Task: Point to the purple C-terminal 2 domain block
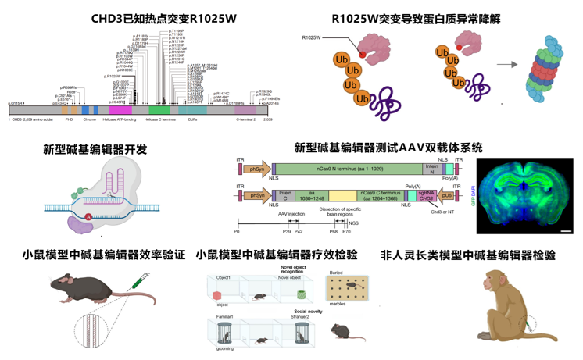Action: coord(245,111)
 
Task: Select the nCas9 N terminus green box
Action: coord(349,169)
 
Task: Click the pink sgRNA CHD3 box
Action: coord(427,195)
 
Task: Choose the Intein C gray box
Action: coord(285,195)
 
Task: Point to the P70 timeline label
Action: coord(347,232)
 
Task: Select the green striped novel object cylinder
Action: coord(301,295)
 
